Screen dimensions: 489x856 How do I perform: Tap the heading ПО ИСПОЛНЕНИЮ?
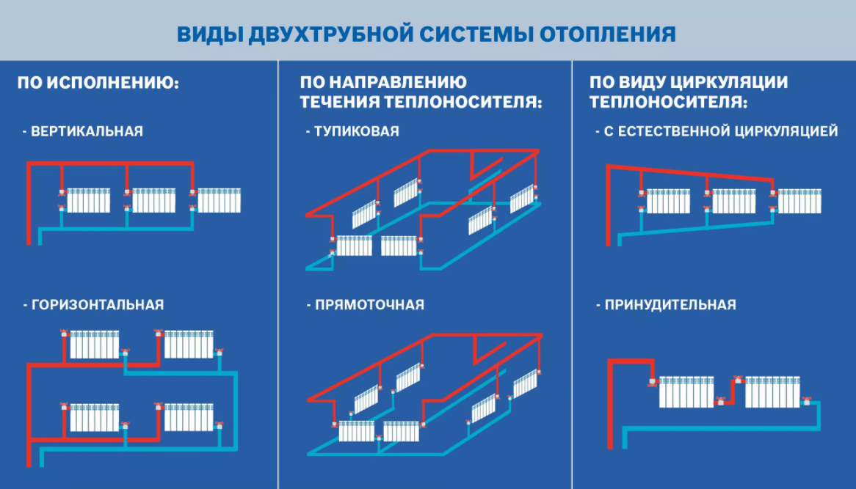coord(98,82)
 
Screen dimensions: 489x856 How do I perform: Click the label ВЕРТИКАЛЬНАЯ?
coord(86,132)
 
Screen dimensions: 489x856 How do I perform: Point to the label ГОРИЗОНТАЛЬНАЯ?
coord(96,304)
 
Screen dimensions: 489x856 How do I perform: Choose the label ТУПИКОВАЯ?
coord(356,132)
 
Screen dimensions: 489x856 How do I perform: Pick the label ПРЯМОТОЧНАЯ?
coord(369,304)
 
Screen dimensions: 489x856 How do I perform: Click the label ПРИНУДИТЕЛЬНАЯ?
coord(670,304)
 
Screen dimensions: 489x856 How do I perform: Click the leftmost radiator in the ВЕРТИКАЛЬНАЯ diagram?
coord(89,200)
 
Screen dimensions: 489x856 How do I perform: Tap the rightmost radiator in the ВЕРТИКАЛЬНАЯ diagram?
coord(220,200)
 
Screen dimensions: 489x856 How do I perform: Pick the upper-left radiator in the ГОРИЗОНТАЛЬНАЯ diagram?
coord(94,345)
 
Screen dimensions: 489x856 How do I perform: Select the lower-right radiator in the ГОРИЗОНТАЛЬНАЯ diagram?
coord(189,417)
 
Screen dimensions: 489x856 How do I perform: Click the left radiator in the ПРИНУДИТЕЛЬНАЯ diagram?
coord(686,391)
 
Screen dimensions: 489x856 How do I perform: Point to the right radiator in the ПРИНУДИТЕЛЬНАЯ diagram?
coord(772,391)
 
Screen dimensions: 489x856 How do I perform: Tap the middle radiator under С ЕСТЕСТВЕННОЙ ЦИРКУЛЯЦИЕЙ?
coord(734,201)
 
